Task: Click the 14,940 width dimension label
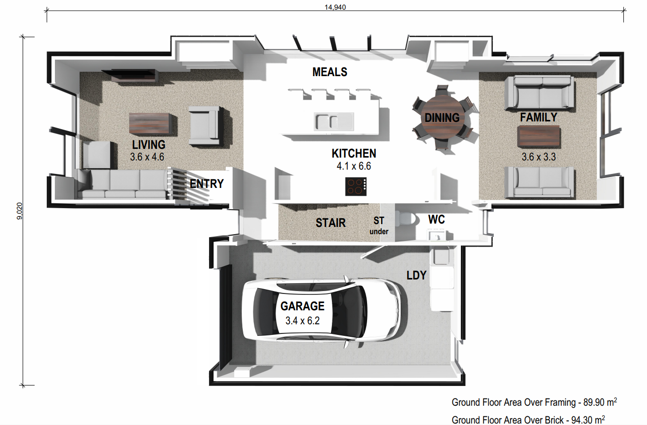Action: click(335, 7)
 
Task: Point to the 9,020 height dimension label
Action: click(20, 211)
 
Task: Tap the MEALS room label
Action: click(330, 72)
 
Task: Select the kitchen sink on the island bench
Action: click(334, 121)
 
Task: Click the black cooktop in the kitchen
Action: click(356, 186)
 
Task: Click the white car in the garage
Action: click(321, 310)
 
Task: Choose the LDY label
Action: click(416, 275)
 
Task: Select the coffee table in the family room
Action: click(539, 136)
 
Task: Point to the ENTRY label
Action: click(207, 184)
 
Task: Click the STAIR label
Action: click(330, 223)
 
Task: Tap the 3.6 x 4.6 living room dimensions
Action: click(147, 157)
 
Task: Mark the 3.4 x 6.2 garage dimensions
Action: click(303, 321)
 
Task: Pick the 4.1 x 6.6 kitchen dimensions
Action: click(354, 166)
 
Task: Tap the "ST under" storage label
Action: click(379, 226)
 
